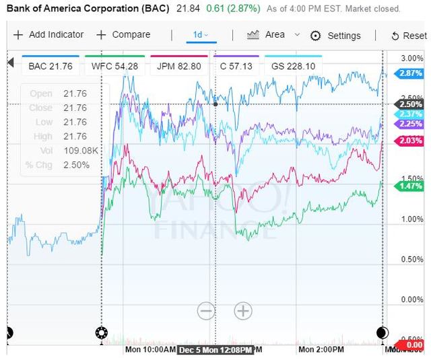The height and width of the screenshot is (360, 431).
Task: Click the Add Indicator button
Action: tap(48, 35)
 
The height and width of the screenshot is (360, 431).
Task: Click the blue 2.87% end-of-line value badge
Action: tap(410, 72)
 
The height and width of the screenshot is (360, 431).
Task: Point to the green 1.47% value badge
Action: tap(410, 185)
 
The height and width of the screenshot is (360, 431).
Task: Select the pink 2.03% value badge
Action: tap(410, 140)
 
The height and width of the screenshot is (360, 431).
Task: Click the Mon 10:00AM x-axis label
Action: tap(150, 351)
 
